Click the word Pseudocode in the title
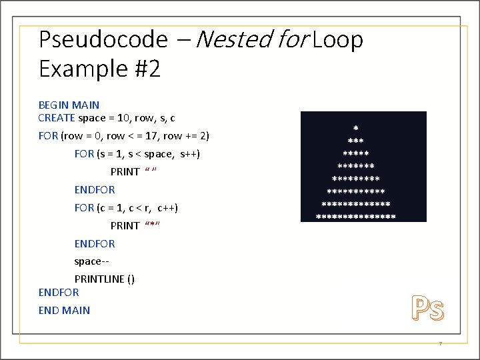(x=103, y=40)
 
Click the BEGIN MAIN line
(x=69, y=105)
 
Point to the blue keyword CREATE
(x=57, y=118)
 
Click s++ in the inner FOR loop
(x=189, y=154)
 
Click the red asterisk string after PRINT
(x=152, y=226)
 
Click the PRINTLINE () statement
(x=104, y=279)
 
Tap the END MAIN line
(x=64, y=310)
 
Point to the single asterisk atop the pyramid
(x=355, y=127)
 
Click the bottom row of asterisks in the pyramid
(x=355, y=216)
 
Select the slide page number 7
(x=440, y=344)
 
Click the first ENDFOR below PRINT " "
(x=94, y=190)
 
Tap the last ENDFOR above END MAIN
(x=59, y=293)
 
